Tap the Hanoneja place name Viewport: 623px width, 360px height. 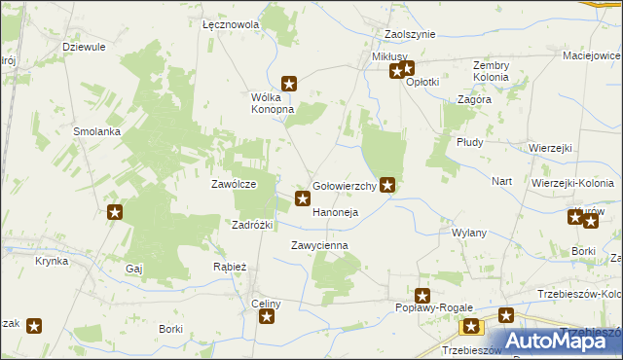click(336, 212)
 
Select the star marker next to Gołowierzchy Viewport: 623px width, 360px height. click(388, 183)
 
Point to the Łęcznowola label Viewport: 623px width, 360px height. click(231, 24)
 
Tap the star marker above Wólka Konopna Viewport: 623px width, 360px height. click(289, 85)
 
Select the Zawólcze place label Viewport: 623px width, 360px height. click(234, 184)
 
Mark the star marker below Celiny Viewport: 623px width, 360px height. click(266, 317)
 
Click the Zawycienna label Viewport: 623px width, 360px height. click(319, 246)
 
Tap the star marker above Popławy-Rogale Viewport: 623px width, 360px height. click(422, 295)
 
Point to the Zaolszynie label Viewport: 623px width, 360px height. click(403, 34)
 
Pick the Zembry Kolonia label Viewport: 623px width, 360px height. click(498, 71)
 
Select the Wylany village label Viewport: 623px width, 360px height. click(469, 234)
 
